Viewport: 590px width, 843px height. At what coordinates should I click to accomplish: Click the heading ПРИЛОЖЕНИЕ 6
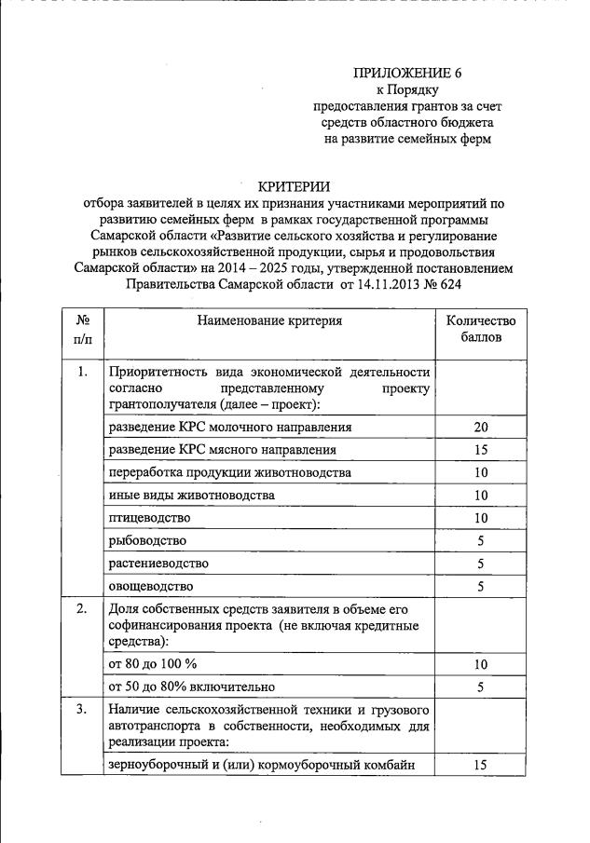406,73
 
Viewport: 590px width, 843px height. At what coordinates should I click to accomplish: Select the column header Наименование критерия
269,321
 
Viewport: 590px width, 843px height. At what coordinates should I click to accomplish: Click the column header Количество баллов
480,329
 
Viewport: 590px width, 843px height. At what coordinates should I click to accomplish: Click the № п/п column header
82,329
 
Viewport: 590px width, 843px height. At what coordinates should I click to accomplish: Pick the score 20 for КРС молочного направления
480,428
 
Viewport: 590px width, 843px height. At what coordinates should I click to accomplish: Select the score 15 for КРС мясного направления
480,450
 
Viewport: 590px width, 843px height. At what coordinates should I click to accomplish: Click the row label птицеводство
149,518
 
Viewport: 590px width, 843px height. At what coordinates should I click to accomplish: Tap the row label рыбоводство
147,541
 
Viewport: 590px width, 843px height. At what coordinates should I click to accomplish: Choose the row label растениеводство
158,564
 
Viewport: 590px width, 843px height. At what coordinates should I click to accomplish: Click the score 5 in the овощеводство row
480,587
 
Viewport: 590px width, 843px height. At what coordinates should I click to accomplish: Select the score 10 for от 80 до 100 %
480,664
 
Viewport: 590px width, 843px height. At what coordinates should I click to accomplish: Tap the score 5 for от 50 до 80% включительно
480,687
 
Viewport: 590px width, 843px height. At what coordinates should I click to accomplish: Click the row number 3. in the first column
82,711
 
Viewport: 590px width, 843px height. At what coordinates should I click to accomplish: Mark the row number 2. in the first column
82,610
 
